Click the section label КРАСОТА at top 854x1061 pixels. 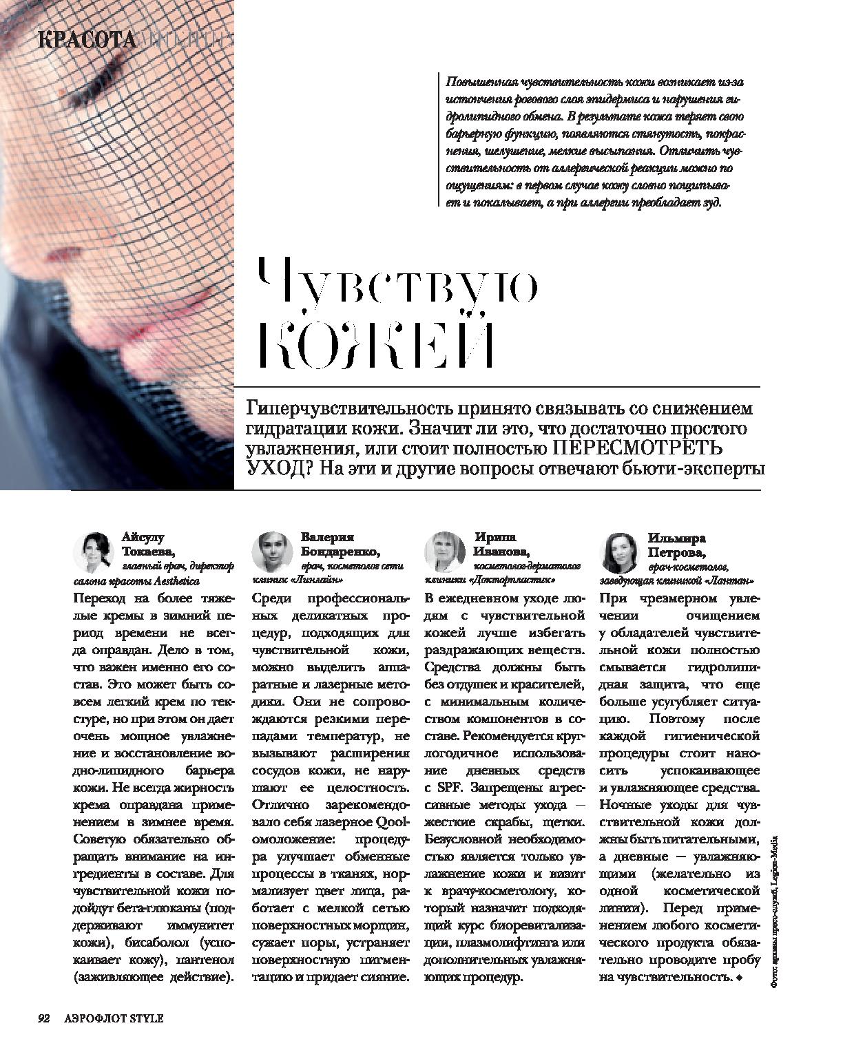87,40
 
